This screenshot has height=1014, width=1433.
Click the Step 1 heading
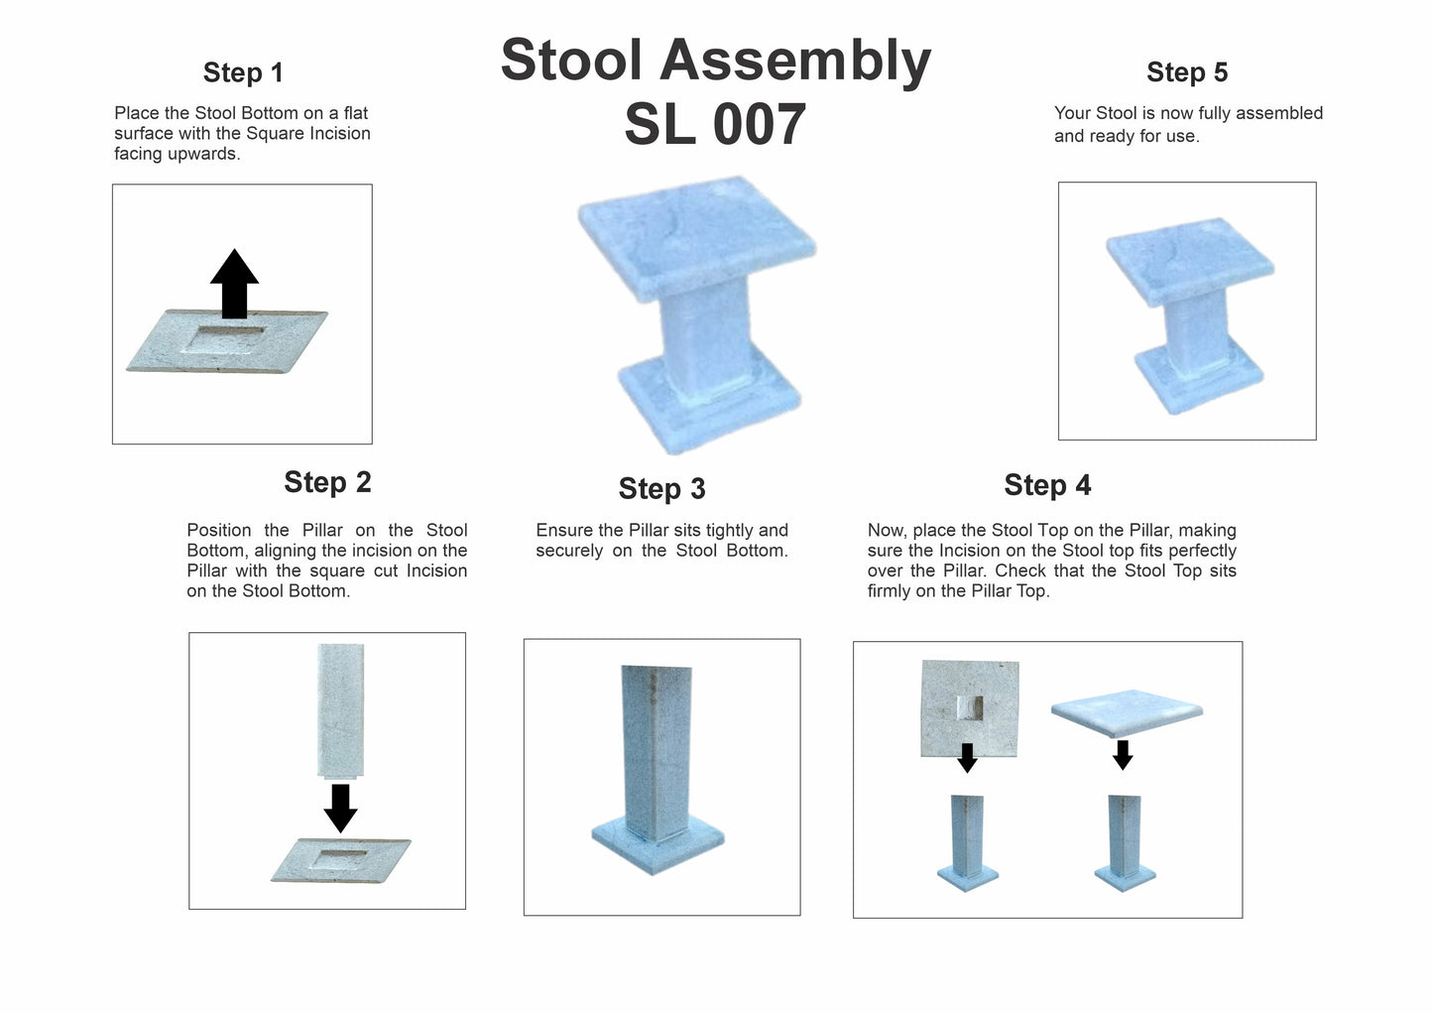(x=242, y=72)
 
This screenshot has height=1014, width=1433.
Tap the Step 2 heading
(x=327, y=482)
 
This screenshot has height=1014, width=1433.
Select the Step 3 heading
(x=662, y=489)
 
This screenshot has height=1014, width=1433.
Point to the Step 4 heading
(x=1047, y=484)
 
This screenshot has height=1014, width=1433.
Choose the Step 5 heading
(x=1187, y=72)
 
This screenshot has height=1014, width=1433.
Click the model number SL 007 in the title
(x=715, y=124)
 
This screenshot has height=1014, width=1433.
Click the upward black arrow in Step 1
(x=234, y=284)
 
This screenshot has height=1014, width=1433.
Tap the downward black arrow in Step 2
(x=340, y=809)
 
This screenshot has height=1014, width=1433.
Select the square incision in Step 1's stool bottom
(x=224, y=339)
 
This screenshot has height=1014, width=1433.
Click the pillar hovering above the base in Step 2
(x=340, y=710)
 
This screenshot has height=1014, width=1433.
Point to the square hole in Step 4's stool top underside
(x=970, y=708)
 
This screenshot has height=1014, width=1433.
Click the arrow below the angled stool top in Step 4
(x=1123, y=755)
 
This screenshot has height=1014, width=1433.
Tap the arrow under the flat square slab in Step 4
(x=967, y=758)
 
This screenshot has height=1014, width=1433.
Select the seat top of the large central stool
(x=697, y=238)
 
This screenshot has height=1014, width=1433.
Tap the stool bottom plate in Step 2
(x=341, y=861)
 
